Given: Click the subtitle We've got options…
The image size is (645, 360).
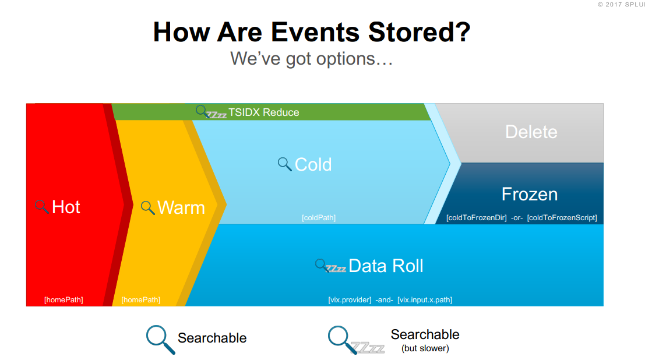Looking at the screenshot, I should [x=311, y=58].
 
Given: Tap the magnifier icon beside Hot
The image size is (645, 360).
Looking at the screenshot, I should [x=41, y=206].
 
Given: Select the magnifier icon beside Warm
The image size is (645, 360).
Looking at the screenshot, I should [x=148, y=207].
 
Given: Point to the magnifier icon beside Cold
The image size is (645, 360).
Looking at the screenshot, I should [x=284, y=164].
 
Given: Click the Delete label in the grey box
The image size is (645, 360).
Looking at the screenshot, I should [x=531, y=132].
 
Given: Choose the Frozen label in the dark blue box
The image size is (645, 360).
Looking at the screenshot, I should [x=529, y=194].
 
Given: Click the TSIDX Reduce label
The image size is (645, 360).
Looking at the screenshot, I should [x=263, y=112].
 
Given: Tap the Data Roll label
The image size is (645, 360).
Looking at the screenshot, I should [x=386, y=266].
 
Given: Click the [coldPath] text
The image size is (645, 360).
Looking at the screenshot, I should [x=318, y=218].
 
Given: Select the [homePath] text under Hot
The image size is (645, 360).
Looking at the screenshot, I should [x=64, y=299].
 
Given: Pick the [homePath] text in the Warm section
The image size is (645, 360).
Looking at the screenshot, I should [x=140, y=299].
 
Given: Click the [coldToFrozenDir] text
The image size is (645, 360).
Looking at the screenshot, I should [x=476, y=218].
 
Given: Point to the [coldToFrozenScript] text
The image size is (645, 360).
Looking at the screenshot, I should [x=562, y=218].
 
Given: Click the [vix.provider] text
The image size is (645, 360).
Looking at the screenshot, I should [x=350, y=300].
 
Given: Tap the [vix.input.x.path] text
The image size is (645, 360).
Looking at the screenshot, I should [x=425, y=300].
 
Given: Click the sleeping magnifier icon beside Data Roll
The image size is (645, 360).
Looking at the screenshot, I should [x=329, y=266].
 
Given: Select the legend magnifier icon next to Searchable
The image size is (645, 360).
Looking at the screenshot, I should [x=160, y=339].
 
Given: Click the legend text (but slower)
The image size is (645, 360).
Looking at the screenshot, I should [x=425, y=348].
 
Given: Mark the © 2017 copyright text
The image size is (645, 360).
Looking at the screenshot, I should [x=621, y=4].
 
